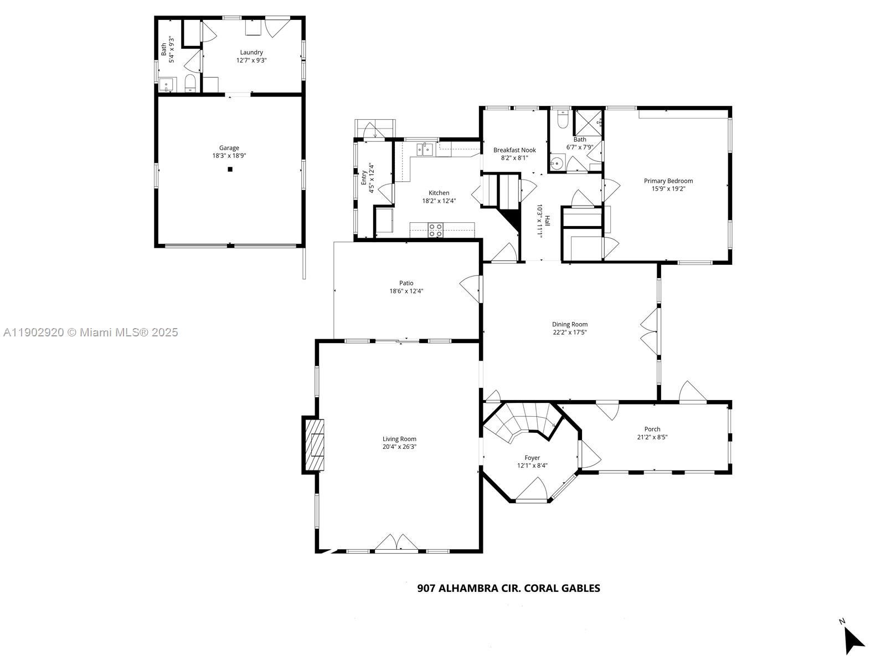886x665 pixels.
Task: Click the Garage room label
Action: click(229, 148)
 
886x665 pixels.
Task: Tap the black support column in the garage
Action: click(230, 170)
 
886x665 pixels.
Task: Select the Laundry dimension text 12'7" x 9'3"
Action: click(251, 60)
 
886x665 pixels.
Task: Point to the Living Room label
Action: click(399, 439)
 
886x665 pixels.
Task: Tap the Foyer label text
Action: click(532, 458)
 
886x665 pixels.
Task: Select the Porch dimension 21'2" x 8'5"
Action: click(652, 437)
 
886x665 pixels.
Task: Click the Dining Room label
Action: click(569, 324)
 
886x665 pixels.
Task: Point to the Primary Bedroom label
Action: click(668, 181)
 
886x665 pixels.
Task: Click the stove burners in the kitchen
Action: click(435, 230)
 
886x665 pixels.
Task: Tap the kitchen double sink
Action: click(425, 149)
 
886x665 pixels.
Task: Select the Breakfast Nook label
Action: click(514, 150)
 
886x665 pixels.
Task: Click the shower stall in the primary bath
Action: click(588, 122)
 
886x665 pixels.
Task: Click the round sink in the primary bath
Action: click(557, 163)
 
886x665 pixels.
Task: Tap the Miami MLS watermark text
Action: click(90, 332)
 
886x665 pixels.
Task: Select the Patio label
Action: click(406, 283)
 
